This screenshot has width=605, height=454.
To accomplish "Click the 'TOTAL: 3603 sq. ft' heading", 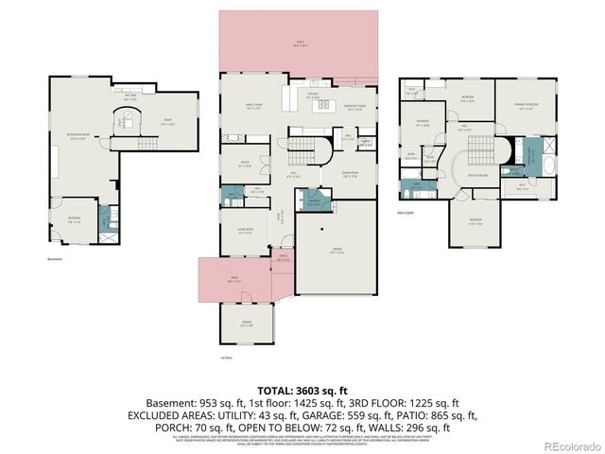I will tap(302, 390).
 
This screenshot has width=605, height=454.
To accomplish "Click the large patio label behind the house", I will tap(301, 44).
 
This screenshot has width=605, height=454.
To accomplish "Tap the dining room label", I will tap(350, 174).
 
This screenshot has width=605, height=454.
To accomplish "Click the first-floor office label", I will tap(244, 166).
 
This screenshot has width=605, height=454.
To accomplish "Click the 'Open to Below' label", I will tap(477, 175).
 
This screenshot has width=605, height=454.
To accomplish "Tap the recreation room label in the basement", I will tap(78, 137).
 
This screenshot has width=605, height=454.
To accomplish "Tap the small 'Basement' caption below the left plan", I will tap(55, 260).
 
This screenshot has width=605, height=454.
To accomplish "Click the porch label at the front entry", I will tap(283, 258).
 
